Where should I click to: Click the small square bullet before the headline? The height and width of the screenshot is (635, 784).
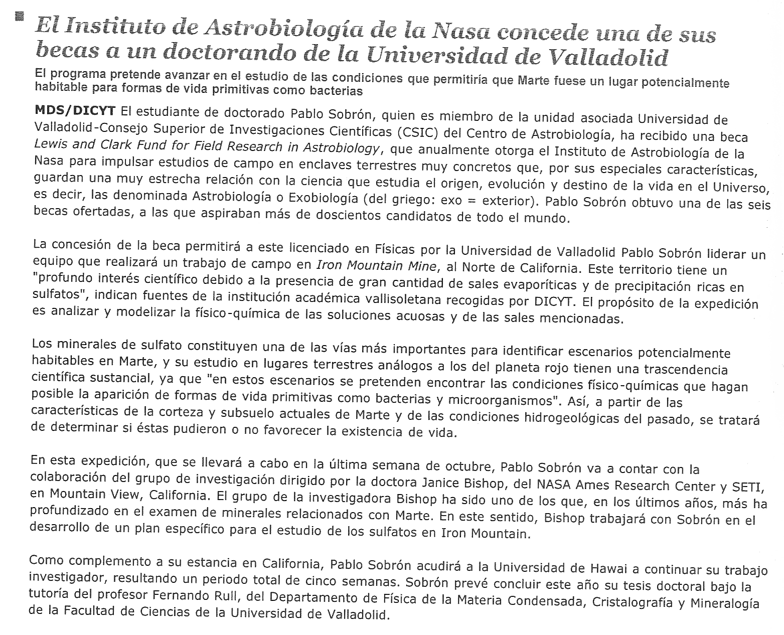click(20, 18)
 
